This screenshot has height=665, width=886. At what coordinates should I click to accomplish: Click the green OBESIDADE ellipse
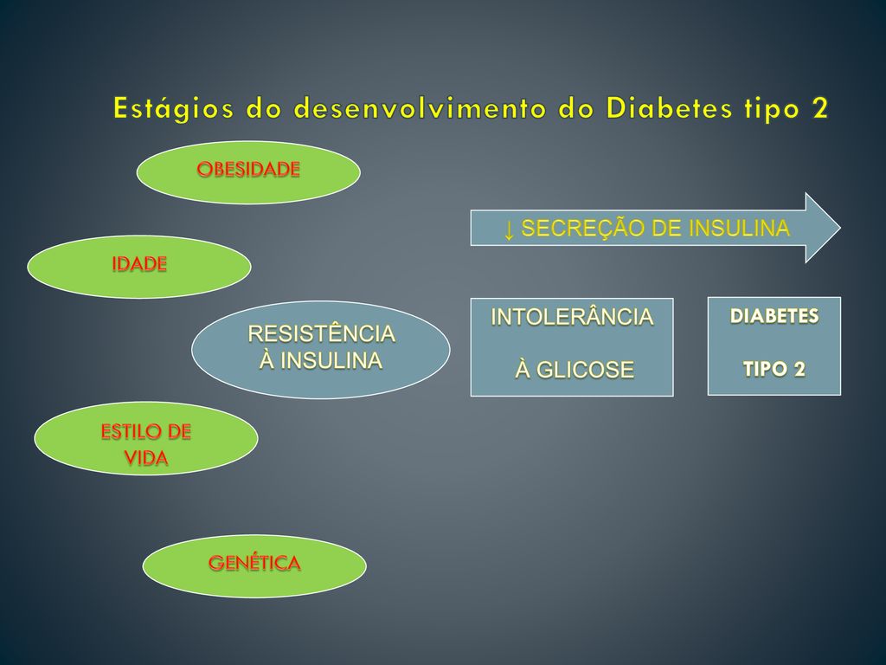pyautogui.click(x=248, y=172)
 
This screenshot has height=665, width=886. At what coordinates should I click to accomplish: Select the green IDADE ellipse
pyautogui.click(x=139, y=267)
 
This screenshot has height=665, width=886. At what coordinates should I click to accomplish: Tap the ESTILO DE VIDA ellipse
pyautogui.click(x=145, y=438)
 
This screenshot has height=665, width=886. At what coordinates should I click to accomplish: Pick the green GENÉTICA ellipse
pyautogui.click(x=254, y=566)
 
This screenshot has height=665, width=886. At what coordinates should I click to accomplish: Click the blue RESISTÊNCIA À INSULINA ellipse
pyautogui.click(x=320, y=350)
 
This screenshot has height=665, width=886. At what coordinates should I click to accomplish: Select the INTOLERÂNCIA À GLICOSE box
pyautogui.click(x=572, y=346)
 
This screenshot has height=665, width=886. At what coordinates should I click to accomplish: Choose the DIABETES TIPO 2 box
pyautogui.click(x=774, y=345)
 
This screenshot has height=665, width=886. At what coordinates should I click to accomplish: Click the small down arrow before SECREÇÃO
pyautogui.click(x=509, y=229)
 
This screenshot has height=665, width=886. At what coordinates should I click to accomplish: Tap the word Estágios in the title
pyautogui.click(x=173, y=108)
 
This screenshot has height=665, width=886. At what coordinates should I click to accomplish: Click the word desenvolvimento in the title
pyautogui.click(x=420, y=108)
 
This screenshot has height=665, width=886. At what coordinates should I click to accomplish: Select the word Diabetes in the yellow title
pyautogui.click(x=669, y=108)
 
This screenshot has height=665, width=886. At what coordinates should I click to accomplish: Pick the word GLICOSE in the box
pyautogui.click(x=585, y=370)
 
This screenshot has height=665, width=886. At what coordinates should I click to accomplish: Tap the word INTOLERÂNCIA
pyautogui.click(x=572, y=316)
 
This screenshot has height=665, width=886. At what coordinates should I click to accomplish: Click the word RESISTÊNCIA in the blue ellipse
pyautogui.click(x=321, y=332)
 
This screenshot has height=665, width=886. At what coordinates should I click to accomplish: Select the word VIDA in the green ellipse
pyautogui.click(x=145, y=457)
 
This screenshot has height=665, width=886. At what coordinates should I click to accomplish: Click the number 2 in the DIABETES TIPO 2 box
pyautogui.click(x=799, y=369)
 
